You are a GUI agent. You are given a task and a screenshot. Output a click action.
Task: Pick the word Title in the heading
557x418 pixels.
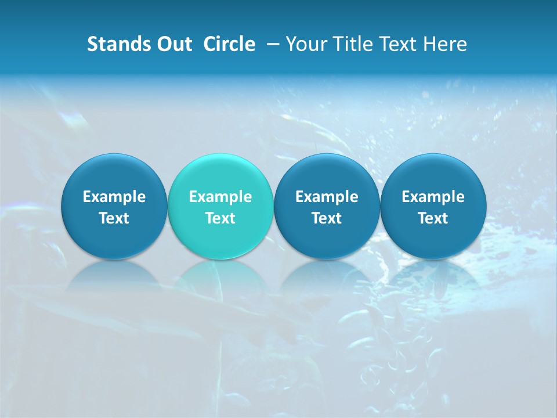point(353,44)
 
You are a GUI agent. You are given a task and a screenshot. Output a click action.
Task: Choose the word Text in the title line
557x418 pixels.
point(403,44)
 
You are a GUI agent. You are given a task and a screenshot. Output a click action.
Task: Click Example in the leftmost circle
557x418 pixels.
point(114,197)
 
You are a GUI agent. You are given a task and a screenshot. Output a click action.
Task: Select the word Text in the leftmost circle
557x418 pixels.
point(114,218)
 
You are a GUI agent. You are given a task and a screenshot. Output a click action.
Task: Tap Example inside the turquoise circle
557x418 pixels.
point(220,197)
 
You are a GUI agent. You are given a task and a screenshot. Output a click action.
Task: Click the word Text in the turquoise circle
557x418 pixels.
point(220,218)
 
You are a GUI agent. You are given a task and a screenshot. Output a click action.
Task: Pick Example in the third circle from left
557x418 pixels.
point(327,197)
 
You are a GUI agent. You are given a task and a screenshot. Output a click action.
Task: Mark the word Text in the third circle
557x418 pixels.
point(327,218)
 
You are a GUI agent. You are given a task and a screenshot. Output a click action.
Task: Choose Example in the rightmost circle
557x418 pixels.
point(433,197)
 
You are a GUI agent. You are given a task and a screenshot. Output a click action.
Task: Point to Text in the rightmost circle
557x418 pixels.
point(433,218)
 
